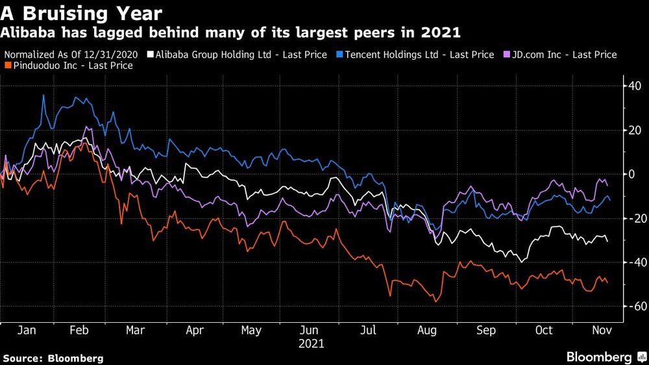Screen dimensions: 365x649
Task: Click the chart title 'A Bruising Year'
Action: (82, 12)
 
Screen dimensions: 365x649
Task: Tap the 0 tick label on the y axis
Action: (629, 173)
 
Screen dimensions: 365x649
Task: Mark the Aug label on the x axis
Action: (427, 331)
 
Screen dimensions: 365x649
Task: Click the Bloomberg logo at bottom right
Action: (603, 357)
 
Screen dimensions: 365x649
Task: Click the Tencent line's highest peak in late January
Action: (44, 95)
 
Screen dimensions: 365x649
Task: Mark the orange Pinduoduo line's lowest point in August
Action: (436, 302)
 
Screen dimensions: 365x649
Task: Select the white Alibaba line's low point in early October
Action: (521, 262)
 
